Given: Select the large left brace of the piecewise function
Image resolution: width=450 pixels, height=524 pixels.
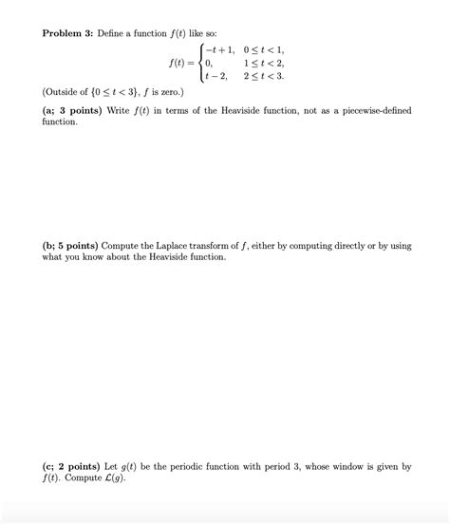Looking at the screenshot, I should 197,64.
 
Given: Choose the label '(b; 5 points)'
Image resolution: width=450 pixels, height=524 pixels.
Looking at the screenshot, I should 75,245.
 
